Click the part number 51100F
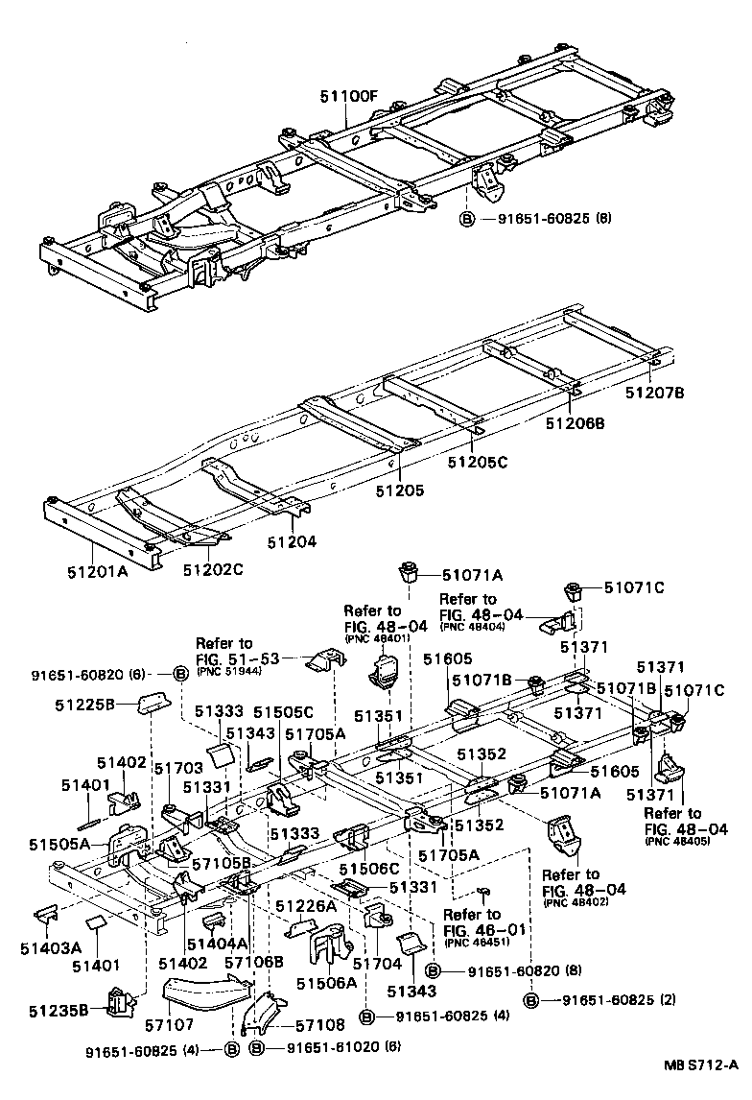pos(350,97)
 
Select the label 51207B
pos(657,392)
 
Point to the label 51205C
pos(477,462)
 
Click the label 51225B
pos(84,704)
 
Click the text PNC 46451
pos(472,942)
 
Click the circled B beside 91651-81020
pos(256,1048)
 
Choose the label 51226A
pos(306,905)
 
